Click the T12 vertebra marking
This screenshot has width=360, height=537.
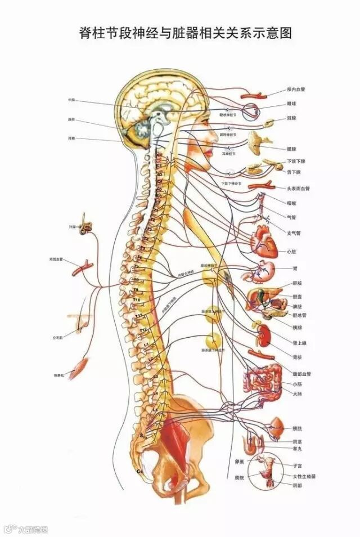point(143,329)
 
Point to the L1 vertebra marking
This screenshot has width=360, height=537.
point(146,343)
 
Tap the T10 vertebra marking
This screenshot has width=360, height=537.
point(136,301)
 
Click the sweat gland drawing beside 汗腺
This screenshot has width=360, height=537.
point(87,226)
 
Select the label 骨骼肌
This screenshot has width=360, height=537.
point(58,374)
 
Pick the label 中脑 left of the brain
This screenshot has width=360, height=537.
point(71,100)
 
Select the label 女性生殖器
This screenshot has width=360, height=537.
point(304,476)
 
